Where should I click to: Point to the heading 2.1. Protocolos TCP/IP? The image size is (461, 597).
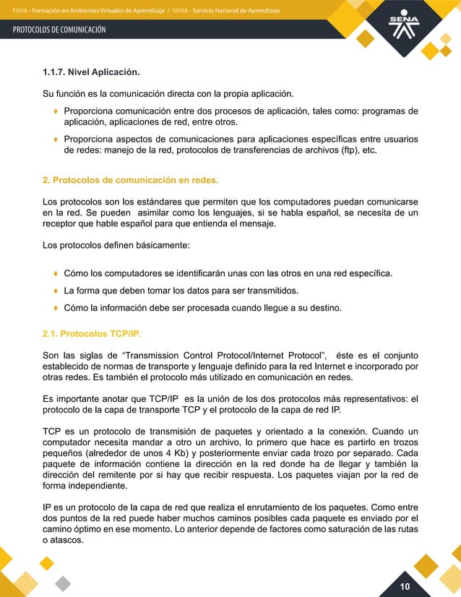click(x=92, y=335)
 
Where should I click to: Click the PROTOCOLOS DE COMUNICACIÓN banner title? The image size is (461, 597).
click(x=59, y=30)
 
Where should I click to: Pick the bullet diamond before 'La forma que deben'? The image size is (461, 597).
click(x=56, y=291)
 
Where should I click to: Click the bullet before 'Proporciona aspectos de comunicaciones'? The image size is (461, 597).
click(x=56, y=138)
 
